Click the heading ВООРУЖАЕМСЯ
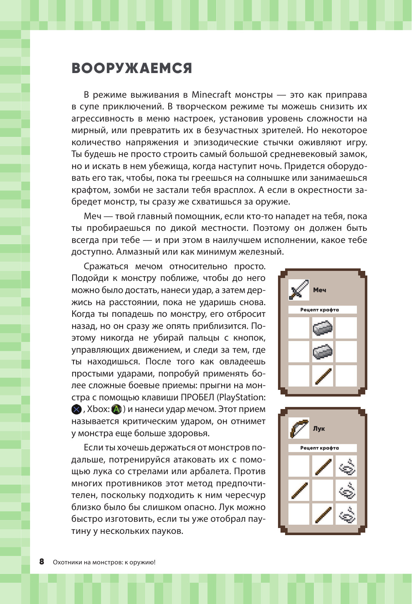(x=132, y=68)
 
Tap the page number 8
(x=42, y=561)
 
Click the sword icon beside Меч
(x=298, y=290)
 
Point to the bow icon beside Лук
(x=298, y=428)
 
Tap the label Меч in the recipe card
(x=320, y=290)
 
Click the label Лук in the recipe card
(x=319, y=429)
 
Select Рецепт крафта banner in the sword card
(x=322, y=310)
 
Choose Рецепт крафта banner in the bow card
(x=322, y=448)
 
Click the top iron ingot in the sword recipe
(x=323, y=328)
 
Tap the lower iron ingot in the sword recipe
(x=323, y=352)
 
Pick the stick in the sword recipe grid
(x=323, y=376)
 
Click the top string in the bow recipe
(x=346, y=467)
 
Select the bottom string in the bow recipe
(x=346, y=514)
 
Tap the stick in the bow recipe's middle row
(x=299, y=490)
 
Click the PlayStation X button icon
(x=76, y=409)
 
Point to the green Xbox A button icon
(x=116, y=409)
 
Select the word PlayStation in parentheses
(x=241, y=397)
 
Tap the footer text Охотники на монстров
(x=88, y=562)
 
